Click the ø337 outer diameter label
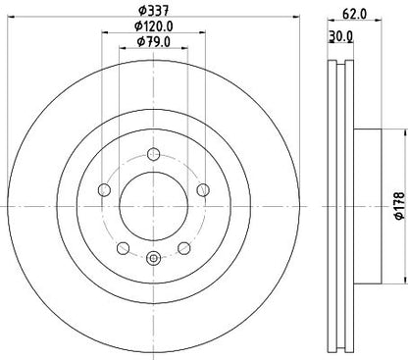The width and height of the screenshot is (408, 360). pos(151,11)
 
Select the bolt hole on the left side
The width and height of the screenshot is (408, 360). pos(103,189)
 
